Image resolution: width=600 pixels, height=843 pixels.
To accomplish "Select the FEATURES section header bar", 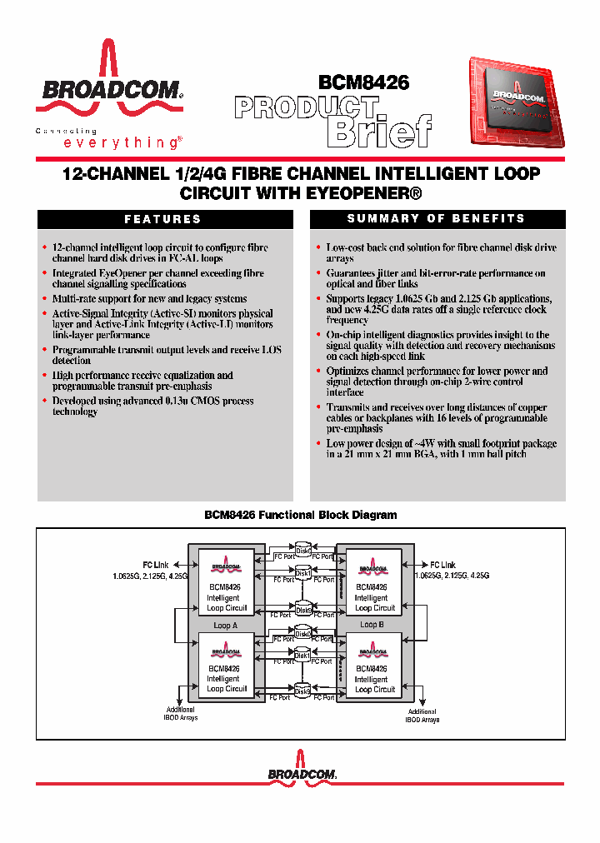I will click(x=164, y=219).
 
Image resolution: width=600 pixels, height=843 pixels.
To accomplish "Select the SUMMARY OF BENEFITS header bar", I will click(x=437, y=218).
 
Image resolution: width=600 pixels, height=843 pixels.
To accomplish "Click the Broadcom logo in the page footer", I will click(x=302, y=767).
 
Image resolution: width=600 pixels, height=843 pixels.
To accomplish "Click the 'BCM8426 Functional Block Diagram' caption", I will click(x=300, y=516).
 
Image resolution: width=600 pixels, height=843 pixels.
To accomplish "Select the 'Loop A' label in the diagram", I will click(x=225, y=625).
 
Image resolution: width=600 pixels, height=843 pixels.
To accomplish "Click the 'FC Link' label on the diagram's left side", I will click(x=155, y=565).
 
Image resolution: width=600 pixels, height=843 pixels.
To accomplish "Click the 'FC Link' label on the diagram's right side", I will click(x=442, y=565).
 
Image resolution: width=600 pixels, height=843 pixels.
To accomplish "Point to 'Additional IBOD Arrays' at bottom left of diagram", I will click(x=181, y=714).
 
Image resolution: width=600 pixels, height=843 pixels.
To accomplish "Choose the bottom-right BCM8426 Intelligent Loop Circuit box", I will click(x=373, y=666).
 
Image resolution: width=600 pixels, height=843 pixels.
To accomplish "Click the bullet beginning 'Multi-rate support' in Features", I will click(x=149, y=298).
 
